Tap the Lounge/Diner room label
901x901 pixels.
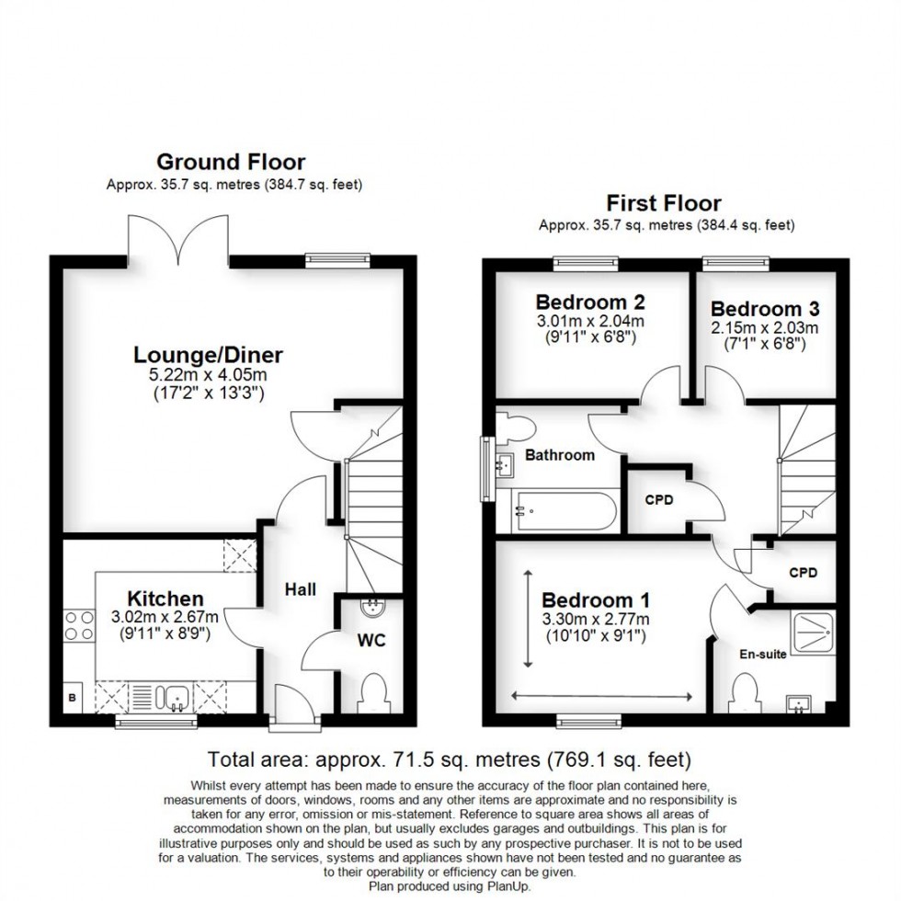click(x=208, y=354)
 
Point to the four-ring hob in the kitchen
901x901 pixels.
click(x=76, y=624)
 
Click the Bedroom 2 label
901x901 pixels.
click(x=590, y=302)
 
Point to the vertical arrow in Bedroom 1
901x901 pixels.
click(x=529, y=618)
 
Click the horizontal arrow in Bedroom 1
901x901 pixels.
click(x=602, y=695)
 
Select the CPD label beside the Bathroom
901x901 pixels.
click(x=658, y=501)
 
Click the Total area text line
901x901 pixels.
click(x=449, y=760)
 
